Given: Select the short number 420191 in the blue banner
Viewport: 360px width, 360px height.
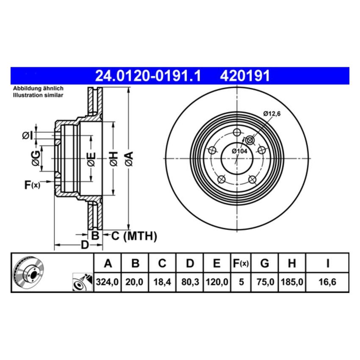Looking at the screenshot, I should tap(244, 76).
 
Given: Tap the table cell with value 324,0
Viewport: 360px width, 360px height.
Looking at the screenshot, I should tap(108, 282).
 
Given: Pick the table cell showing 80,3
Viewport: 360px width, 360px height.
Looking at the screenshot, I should tap(190, 282).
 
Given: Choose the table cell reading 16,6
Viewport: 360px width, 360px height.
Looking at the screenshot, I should tap(327, 282).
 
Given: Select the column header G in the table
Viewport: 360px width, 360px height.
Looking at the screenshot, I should tap(265, 263).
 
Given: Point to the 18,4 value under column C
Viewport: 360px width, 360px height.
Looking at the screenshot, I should tap(162, 282).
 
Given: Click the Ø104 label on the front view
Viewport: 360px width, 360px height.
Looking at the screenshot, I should tap(240, 151).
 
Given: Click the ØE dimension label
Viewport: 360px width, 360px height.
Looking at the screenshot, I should tap(91, 159).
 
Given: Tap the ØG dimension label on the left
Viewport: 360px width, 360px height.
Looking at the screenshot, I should tap(37, 158).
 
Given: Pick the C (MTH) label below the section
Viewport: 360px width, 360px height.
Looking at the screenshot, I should tap(134, 236).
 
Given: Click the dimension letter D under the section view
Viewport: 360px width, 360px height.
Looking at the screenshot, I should tap(85, 245).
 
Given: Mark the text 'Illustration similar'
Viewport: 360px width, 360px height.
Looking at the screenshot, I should tap(38, 95).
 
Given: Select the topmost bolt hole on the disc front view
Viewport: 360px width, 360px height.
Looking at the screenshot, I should tap(237, 131).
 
